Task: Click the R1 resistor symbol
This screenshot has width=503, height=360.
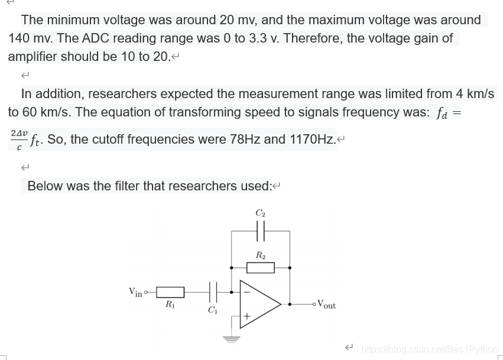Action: [170, 292]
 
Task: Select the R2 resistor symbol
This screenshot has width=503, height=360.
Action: [260, 268]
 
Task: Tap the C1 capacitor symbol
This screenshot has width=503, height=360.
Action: [213, 292]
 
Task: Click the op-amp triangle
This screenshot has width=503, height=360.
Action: [259, 304]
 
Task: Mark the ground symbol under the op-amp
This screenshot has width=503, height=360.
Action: [231, 339]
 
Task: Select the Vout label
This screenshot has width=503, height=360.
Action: [326, 304]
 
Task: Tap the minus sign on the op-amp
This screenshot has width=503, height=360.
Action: [247, 291]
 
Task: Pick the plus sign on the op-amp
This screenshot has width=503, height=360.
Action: [247, 317]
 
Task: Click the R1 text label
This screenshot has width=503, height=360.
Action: [170, 305]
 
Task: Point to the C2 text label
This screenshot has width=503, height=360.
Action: [260, 212]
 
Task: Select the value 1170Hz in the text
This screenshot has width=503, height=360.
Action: [311, 140]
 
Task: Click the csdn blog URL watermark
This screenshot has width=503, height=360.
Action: [429, 349]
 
